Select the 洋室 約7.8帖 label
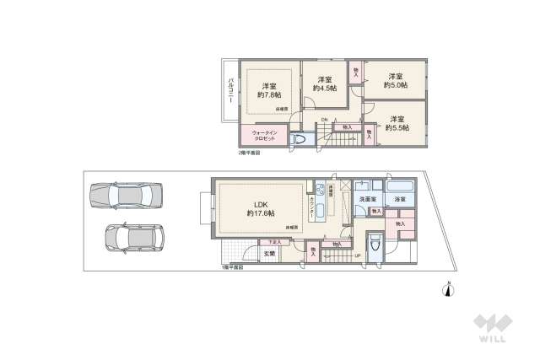(270, 90)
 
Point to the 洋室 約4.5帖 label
(325, 83)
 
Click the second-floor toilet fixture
(300, 139)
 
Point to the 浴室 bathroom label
(400, 199)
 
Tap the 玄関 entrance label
(269, 253)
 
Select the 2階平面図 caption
(249, 153)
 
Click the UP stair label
(357, 255)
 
